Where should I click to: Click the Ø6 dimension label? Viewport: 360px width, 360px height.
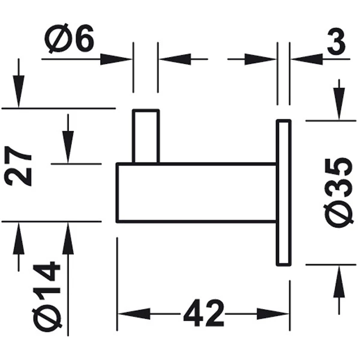[x=70, y=38]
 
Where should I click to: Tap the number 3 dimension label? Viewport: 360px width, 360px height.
[x=336, y=42]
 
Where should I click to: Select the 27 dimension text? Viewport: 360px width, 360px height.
[x=17, y=166]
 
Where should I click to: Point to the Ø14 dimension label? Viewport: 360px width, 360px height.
[x=47, y=295]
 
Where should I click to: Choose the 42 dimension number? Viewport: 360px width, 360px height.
[x=203, y=313]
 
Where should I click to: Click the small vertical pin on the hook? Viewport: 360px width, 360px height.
[x=146, y=136]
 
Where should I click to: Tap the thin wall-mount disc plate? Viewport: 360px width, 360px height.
[x=284, y=193]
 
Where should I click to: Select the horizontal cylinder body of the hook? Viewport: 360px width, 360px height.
[x=196, y=193]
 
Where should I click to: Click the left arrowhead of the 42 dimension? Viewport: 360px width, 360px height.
[x=134, y=314]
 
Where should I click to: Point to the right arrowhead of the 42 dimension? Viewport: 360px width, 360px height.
[x=272, y=314]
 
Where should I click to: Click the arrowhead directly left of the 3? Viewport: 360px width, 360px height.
[x=307, y=59]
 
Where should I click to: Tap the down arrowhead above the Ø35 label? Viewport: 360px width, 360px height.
[x=339, y=104]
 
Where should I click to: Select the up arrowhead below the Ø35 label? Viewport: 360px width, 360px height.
[x=339, y=281]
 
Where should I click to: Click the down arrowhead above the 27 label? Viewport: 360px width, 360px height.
[x=19, y=91]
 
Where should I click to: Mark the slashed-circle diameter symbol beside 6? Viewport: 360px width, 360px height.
[x=58, y=38]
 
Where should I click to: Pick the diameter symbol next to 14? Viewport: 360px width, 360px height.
[x=47, y=319]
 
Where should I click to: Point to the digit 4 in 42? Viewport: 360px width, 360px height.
[x=193, y=313]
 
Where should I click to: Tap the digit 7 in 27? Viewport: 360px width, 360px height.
[x=17, y=155]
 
